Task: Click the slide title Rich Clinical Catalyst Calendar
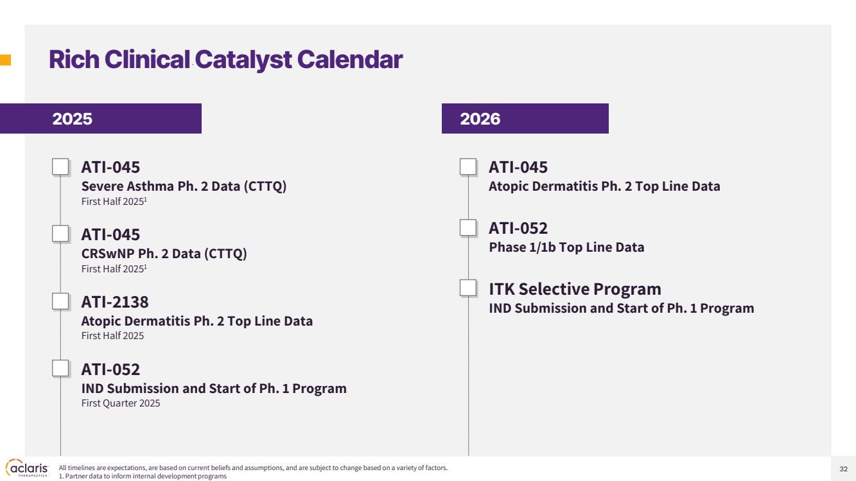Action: (225, 60)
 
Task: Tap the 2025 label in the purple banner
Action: (72, 119)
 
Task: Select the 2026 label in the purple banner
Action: (480, 119)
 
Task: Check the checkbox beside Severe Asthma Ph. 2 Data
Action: (60, 167)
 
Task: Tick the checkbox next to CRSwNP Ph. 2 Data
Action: (60, 234)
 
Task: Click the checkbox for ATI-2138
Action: (60, 301)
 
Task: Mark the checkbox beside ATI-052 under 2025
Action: (60, 369)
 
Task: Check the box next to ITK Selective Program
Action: (468, 288)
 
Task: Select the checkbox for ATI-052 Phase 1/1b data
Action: (468, 228)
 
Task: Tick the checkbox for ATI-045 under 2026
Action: (468, 167)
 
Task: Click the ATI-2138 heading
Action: (115, 302)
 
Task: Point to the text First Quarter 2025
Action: (121, 403)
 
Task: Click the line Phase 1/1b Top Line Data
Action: (566, 247)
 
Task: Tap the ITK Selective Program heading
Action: (575, 289)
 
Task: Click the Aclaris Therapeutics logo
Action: (27, 468)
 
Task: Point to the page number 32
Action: (843, 469)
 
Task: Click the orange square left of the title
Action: (5, 60)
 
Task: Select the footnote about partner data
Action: (143, 476)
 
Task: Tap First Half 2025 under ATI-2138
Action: (112, 335)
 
